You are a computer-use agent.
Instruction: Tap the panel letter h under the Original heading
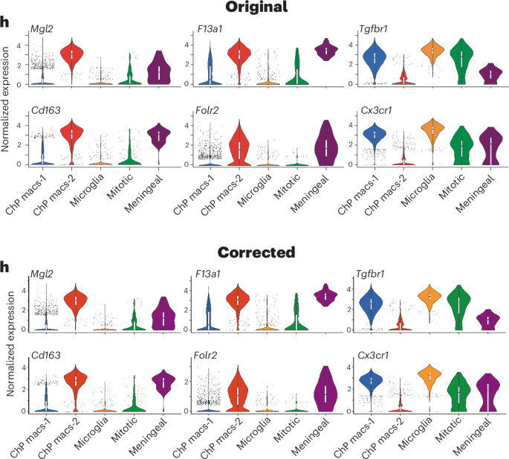(7, 23)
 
